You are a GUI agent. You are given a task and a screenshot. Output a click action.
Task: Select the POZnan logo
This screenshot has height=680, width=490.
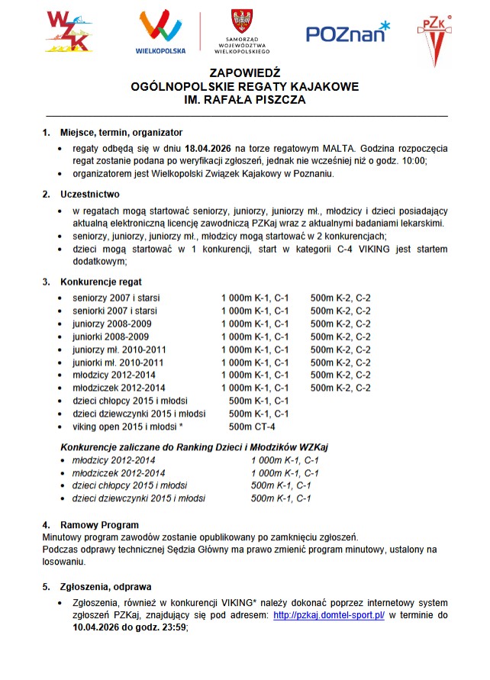pos(347,32)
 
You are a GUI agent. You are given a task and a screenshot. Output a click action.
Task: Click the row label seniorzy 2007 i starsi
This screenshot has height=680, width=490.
pos(116,298)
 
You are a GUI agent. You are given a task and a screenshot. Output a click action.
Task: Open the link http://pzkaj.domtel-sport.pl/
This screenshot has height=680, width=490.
pos(328,615)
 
